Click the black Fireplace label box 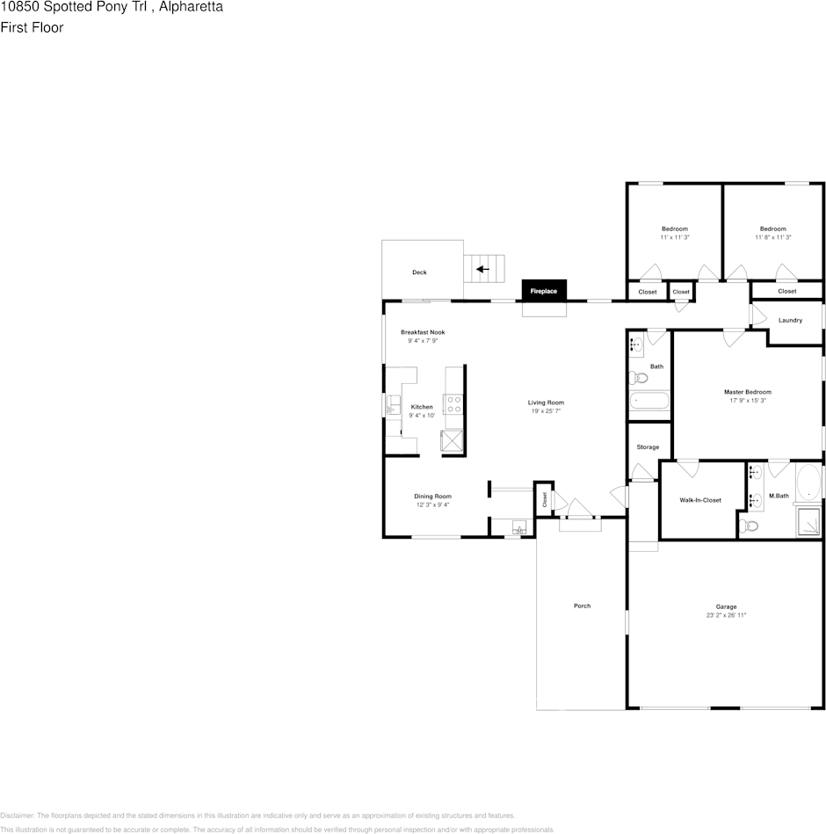544,290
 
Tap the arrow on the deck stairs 482,269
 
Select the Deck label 419,272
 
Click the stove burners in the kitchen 453,404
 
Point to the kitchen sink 393,405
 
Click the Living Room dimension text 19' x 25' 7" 546,411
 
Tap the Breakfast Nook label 423,332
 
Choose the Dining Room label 432,497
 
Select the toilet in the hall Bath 638,378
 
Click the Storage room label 648,446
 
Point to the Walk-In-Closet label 700,500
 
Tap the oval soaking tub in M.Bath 808,481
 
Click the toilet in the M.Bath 749,526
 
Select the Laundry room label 790,320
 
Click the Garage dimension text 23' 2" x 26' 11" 726,615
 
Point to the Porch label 582,606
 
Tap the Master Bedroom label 747,392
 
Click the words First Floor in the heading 32,27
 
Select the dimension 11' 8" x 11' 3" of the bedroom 772,237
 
